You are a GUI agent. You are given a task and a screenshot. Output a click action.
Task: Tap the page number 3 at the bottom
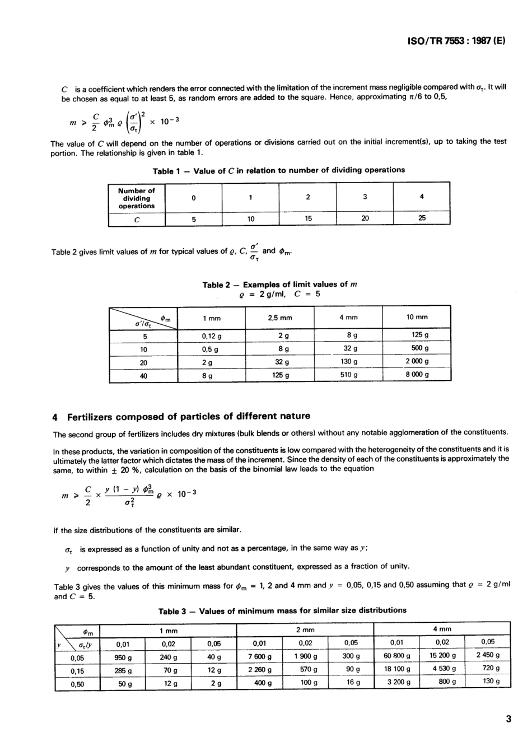pos(508,720)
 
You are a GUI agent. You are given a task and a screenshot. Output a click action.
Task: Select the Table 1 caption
pos(278,170)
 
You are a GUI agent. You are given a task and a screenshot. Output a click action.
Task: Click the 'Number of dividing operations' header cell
pos(137,198)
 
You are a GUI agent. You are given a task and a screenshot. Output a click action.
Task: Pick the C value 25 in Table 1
pos(422,218)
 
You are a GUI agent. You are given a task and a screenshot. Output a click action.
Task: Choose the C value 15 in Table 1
pos(308,218)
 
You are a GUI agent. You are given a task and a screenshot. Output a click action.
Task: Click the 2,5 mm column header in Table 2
pos(280,318)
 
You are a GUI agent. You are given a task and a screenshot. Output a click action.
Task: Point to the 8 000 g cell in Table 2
pos(417,375)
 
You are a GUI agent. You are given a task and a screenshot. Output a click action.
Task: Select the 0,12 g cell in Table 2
pos(212,336)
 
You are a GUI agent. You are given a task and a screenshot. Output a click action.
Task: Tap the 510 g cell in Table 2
pos(348,375)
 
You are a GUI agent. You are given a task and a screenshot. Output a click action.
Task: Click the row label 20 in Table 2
pos(143,362)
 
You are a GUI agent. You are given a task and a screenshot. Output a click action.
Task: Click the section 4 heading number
pos(55,417)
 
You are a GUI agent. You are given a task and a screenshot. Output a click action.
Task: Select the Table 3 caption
pos(282,610)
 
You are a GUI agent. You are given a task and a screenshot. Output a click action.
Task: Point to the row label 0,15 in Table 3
pos(77,670)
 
